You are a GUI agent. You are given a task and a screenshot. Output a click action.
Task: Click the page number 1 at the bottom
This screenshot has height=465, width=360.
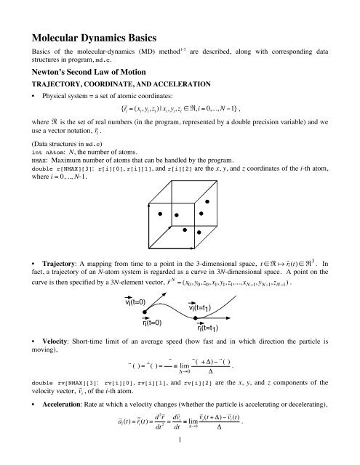179,458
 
